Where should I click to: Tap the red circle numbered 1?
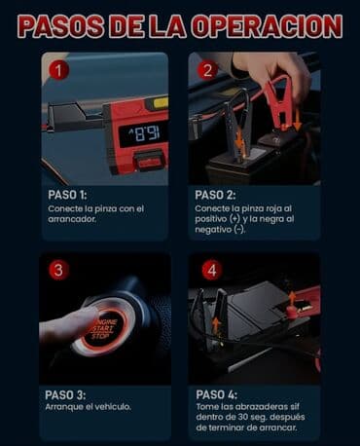[x=59, y=70]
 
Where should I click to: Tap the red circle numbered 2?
[x=206, y=70]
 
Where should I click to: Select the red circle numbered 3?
[x=59, y=271]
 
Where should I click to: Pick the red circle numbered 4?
[x=212, y=271]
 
